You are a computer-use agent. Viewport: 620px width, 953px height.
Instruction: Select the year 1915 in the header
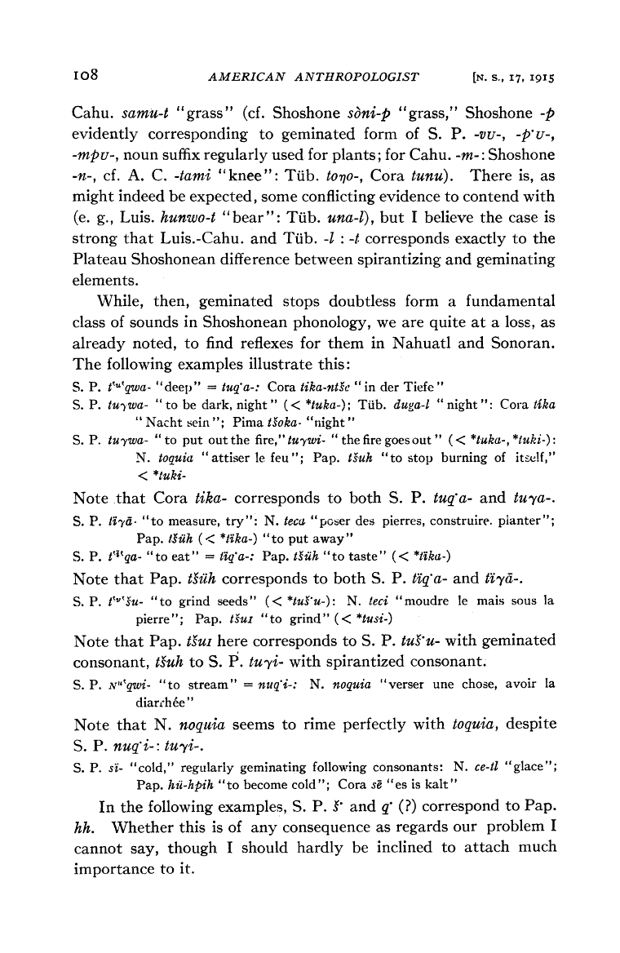coord(527,78)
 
